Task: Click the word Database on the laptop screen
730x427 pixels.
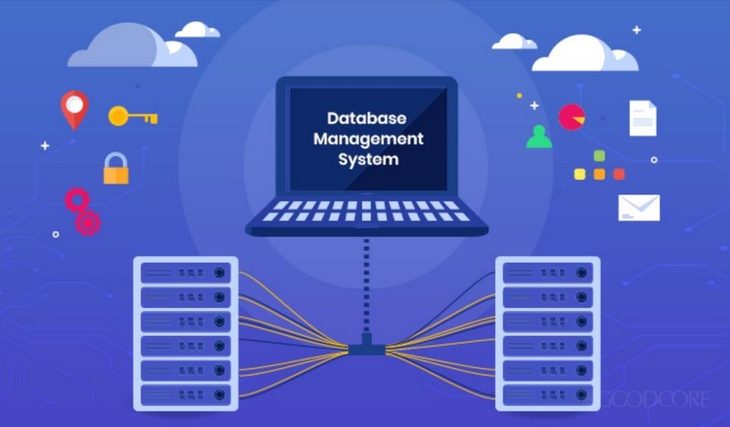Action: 367,119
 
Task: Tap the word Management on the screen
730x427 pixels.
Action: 368,139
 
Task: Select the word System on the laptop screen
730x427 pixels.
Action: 368,159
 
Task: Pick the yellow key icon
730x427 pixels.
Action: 132,116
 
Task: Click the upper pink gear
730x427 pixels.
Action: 78,199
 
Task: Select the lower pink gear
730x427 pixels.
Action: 88,223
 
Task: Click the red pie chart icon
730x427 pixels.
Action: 572,117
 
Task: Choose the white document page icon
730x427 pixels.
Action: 643,119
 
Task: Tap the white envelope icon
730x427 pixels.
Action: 639,208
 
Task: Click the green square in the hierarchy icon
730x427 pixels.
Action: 600,156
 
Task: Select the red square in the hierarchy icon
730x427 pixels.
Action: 619,174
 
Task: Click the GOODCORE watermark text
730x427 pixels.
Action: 655,400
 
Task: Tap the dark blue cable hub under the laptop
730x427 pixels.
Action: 367,346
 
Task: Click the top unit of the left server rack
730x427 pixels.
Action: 186,272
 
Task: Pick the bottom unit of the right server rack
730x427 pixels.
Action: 548,395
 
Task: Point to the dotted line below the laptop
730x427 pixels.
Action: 367,285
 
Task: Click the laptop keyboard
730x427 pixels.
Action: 367,211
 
